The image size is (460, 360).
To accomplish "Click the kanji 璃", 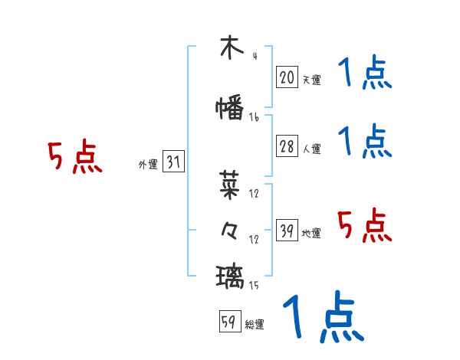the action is (x=230, y=274).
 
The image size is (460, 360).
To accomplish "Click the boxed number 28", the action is (x=287, y=146).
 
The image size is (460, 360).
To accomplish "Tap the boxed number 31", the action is (x=174, y=162).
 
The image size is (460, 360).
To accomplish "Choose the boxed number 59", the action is (x=228, y=322).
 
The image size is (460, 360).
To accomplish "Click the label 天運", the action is (x=311, y=79).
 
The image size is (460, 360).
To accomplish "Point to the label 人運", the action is (x=311, y=149).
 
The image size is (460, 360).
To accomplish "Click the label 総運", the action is (x=255, y=325).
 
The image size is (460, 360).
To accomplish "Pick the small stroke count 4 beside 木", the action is (x=254, y=55).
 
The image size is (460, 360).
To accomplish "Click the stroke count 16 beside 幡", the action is (x=254, y=117).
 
